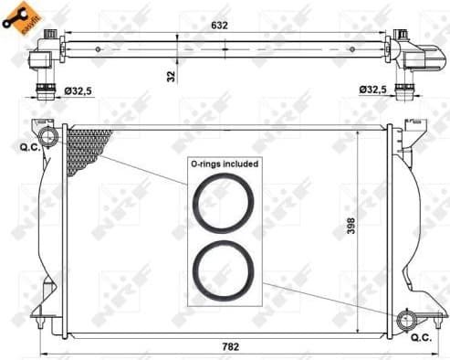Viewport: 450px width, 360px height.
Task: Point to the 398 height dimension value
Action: coord(350,226)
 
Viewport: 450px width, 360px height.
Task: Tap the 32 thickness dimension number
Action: coord(171,76)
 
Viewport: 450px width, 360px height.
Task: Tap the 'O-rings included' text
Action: coord(224,164)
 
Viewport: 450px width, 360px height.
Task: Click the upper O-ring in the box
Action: coord(224,203)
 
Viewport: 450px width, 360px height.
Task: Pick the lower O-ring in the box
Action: coord(224,270)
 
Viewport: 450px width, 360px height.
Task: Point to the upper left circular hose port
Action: coord(49,138)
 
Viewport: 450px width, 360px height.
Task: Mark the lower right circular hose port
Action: coord(407,319)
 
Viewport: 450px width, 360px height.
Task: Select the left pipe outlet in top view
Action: coord(44,89)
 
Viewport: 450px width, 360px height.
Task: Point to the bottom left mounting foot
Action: coord(40,315)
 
